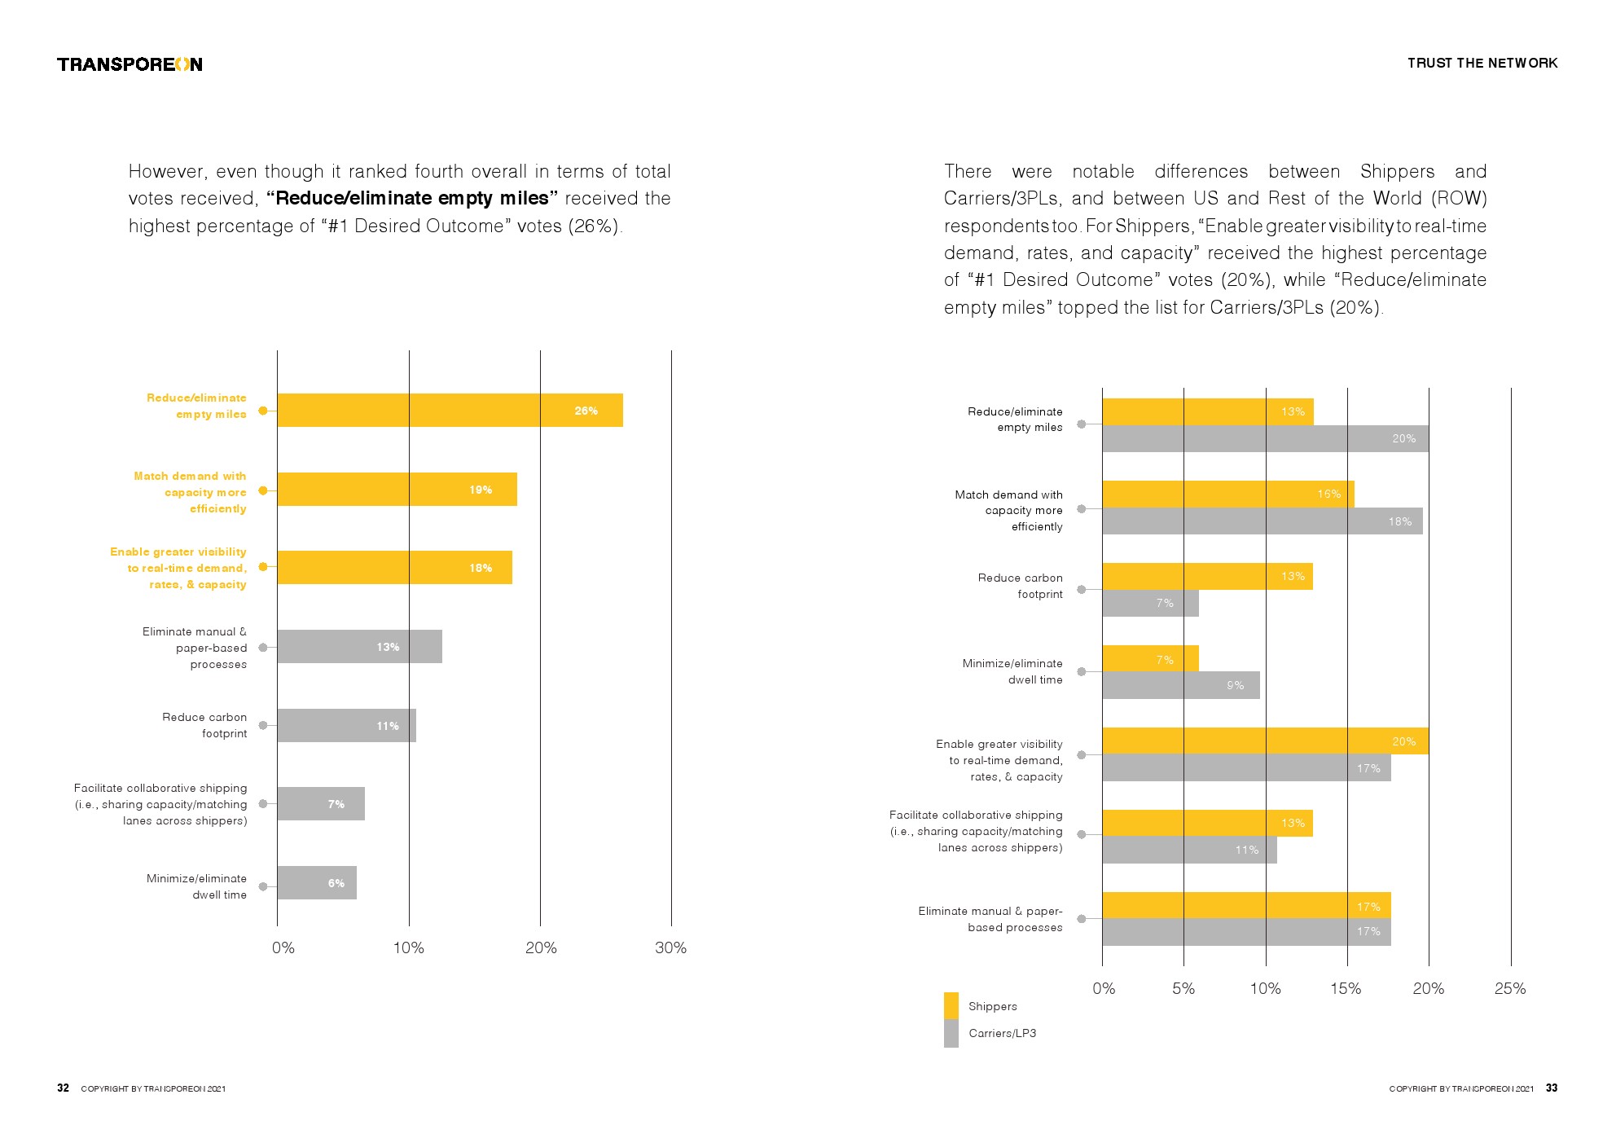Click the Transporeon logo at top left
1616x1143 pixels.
(x=130, y=64)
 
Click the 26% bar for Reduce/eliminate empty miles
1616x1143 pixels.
(x=450, y=411)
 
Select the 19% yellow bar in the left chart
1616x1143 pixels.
(x=397, y=490)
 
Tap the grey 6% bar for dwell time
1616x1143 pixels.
(x=317, y=883)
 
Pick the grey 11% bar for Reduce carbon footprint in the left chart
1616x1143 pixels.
(x=346, y=725)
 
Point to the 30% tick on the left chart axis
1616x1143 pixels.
(x=670, y=947)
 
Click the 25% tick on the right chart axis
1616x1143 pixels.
(x=1509, y=988)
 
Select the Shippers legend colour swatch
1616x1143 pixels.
(x=951, y=1005)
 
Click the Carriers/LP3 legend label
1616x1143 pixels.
(x=1002, y=1033)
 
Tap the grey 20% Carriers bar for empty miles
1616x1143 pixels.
(x=1264, y=439)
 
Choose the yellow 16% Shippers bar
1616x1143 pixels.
(x=1227, y=495)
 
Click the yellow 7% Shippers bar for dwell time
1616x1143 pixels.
(x=1150, y=659)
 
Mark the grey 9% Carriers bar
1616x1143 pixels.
(x=1180, y=686)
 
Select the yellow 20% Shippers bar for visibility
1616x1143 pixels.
(x=1264, y=741)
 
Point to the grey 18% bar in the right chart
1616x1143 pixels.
(x=1262, y=521)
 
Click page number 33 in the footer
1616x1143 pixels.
(x=1552, y=1088)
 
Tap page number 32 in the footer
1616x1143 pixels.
(x=63, y=1088)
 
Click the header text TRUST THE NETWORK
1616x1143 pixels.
(x=1482, y=63)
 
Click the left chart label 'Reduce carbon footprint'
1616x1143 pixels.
(x=204, y=725)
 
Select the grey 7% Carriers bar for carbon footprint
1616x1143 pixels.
(x=1150, y=604)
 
